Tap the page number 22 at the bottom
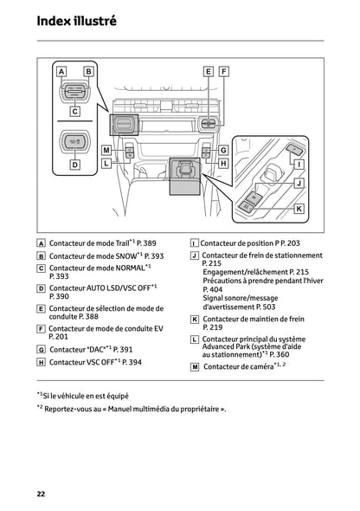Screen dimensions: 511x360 point(41,493)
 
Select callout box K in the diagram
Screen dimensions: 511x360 point(299,209)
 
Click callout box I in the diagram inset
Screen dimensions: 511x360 point(299,164)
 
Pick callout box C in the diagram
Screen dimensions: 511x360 point(74,111)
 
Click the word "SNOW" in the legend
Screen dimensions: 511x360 point(119,257)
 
